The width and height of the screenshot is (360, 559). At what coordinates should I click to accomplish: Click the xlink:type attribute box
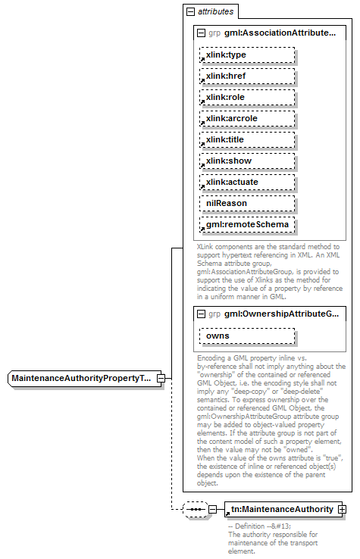246,55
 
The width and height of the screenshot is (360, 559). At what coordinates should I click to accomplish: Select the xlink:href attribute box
246,77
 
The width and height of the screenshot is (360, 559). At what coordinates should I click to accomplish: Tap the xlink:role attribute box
246,98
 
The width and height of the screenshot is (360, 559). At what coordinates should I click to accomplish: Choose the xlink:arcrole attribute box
246,119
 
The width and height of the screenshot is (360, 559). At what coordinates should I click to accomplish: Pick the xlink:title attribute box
246,140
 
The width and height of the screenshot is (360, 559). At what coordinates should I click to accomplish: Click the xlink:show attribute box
246,161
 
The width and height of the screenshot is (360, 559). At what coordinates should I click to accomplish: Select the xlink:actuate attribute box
246,183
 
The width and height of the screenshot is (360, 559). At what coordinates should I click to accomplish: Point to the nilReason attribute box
246,204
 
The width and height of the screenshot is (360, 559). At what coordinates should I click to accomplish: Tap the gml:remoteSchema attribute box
246,225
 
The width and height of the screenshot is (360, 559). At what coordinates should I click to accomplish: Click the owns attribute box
246,336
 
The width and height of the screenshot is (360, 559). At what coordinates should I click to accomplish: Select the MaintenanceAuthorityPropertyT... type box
81,378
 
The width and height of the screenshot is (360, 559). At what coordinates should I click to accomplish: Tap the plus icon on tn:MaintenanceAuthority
342,510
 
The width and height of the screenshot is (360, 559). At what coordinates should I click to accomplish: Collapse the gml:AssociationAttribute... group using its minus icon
202,33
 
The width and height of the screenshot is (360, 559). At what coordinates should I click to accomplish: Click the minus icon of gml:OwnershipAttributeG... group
202,314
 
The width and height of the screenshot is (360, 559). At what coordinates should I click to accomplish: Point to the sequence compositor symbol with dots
196,510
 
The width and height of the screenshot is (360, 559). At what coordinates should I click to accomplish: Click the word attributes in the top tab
215,12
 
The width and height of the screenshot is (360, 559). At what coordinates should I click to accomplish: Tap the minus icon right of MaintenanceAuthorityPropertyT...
160,378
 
